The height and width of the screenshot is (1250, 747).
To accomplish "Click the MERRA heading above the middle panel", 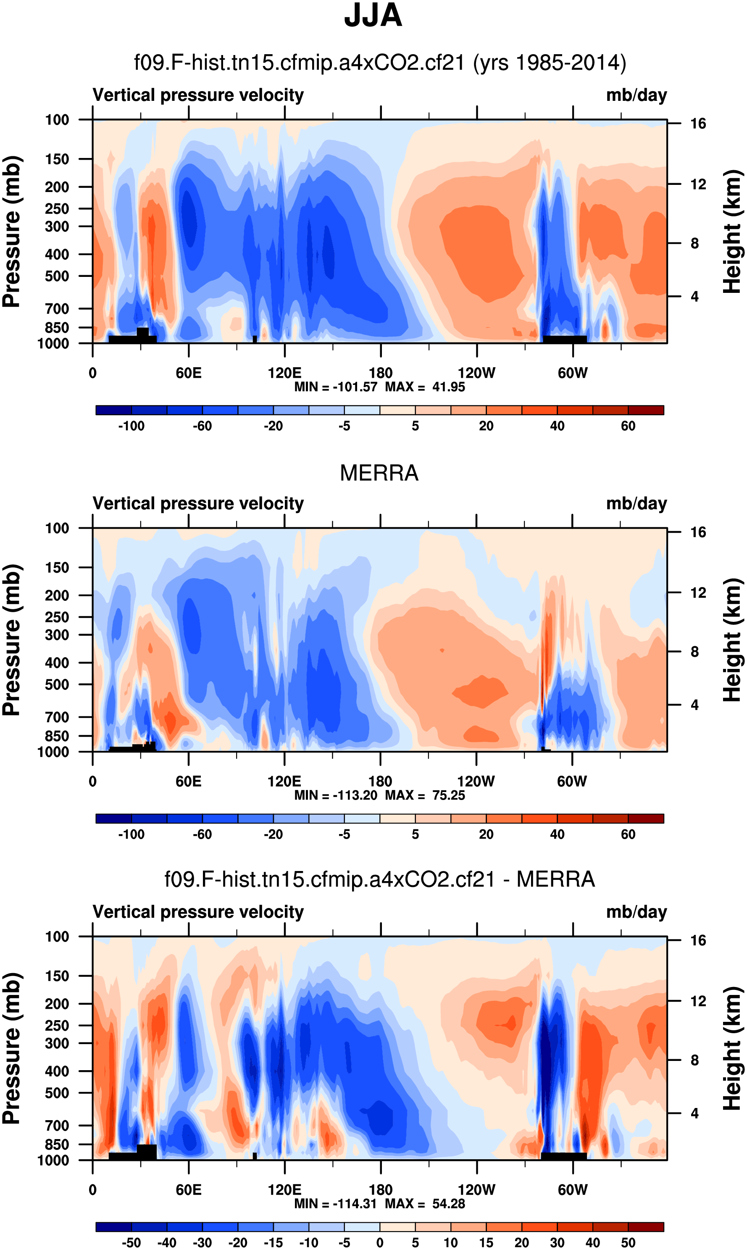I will (379, 473).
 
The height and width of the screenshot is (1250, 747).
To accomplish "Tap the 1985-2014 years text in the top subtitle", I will (550, 63).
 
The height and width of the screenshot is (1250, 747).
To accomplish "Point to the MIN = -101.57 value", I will (336, 387).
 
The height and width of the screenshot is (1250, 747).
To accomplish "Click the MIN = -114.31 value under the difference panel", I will (336, 1204).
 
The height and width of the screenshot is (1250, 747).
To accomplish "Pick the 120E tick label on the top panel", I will (284, 373).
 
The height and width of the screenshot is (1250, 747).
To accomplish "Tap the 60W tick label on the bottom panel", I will (572, 1189).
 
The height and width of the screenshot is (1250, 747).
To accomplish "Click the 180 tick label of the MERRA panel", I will (380, 782).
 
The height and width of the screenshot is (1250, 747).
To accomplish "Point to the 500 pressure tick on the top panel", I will (57, 276).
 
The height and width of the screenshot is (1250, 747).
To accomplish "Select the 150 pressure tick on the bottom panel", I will (57, 976).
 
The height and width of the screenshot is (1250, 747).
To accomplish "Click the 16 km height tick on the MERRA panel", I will (698, 532).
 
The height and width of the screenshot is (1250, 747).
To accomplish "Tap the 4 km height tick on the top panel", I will (694, 297).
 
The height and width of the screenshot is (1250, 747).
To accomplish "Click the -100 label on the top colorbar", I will (132, 426).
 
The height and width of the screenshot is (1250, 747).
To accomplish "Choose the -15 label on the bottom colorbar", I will (274, 1242).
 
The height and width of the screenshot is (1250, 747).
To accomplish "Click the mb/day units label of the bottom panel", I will (636, 912).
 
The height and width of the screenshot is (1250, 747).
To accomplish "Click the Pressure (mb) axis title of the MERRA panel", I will (11, 640).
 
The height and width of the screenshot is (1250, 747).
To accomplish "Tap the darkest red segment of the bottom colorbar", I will (646, 1227).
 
